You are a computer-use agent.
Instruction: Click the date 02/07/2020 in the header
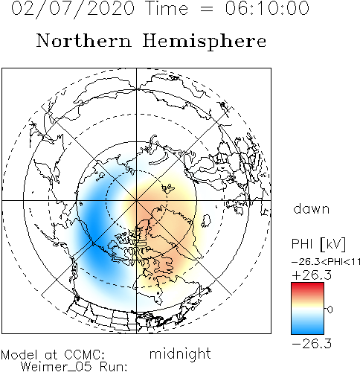point(73,8)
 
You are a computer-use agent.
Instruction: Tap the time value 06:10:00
point(267,8)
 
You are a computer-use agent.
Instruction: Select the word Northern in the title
point(84,40)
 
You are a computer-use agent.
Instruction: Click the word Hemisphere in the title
point(205,42)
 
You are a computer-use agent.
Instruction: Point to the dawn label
point(312,209)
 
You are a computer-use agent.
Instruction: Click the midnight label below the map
point(180,354)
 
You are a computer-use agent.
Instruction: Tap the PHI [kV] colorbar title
point(318,244)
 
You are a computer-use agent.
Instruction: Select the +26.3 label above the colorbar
point(312,275)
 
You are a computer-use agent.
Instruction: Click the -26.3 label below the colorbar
point(312,344)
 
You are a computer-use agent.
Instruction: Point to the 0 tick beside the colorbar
point(330,310)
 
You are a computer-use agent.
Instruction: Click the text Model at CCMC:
point(53,355)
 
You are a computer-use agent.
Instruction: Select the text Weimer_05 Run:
point(74,367)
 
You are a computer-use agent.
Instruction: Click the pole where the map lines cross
point(136,200)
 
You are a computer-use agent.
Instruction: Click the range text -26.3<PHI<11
point(326,262)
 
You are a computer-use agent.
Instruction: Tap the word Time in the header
point(167,8)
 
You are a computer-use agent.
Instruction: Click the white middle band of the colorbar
point(307,309)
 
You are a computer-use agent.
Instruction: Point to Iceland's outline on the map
point(206,221)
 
